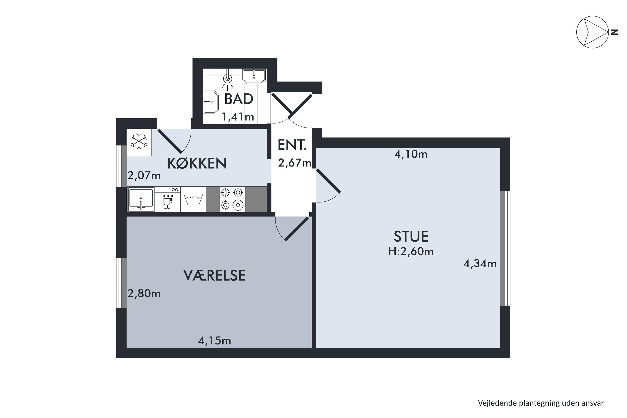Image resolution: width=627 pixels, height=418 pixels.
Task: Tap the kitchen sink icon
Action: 141,199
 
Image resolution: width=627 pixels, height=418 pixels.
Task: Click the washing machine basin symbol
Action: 193,200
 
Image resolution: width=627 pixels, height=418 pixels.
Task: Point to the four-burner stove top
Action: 232,199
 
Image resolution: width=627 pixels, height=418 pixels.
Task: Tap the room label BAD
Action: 239,99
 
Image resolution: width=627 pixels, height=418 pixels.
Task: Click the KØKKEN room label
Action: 197,163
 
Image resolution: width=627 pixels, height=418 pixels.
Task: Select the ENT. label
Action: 292,145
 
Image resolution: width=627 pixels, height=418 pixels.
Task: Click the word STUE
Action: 411,236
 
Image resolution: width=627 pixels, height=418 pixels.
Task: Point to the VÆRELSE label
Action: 214,276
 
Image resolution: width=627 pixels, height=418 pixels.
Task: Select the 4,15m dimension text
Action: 214,341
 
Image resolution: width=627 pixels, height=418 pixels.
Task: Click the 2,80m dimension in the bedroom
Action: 144,293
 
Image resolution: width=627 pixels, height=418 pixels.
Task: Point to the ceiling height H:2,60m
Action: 411,252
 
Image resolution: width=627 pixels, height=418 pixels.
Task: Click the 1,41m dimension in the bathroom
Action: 238,117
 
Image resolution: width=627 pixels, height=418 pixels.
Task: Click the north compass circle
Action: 592,32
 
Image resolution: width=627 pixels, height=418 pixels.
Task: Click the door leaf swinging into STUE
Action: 328,181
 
